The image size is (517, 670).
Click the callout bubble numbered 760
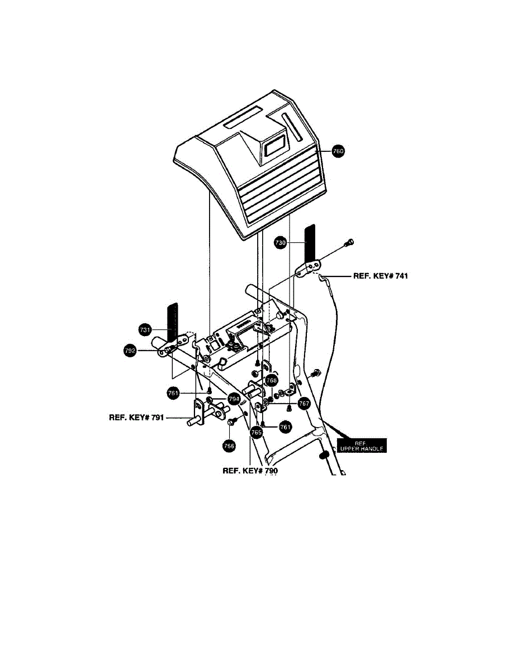338,151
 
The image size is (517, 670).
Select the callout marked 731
145,330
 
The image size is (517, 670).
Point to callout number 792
131,351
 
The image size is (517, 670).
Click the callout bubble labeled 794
234,399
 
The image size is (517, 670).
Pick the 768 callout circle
272,380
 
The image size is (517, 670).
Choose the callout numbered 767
303,403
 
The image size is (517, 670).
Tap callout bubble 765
257,432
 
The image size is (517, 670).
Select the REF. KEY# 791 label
136,417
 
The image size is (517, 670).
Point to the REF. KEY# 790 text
250,471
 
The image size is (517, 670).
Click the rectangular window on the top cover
275,147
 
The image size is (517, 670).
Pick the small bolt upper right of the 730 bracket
350,242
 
